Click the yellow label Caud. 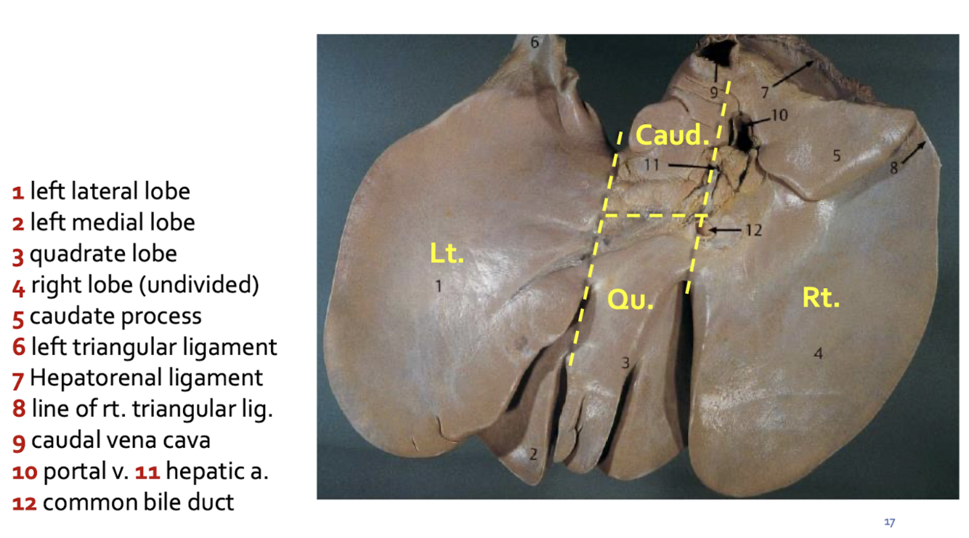click(x=671, y=134)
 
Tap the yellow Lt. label click(x=446, y=253)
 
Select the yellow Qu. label click(x=631, y=300)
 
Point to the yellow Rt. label click(x=821, y=297)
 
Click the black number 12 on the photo click(x=753, y=230)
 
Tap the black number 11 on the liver click(x=652, y=165)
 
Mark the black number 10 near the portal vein click(x=779, y=116)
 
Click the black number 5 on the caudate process click(x=836, y=155)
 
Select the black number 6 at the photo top click(x=535, y=42)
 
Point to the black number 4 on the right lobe click(x=819, y=354)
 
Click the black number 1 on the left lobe click(x=438, y=286)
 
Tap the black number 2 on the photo click(x=533, y=455)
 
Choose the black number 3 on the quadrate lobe click(x=625, y=362)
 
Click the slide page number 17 click(x=889, y=522)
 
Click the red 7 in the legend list click(x=19, y=378)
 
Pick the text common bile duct click(x=138, y=502)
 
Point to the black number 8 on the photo click(x=894, y=167)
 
